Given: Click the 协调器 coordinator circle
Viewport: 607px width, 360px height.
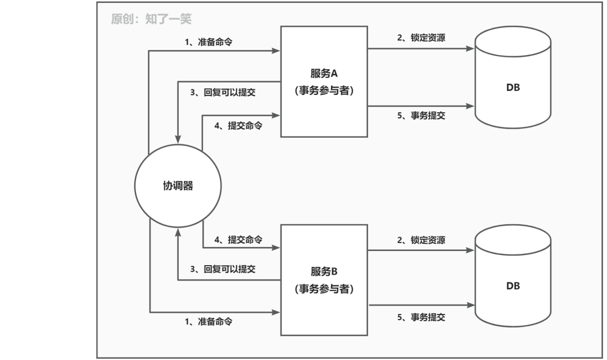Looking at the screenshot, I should tap(178, 185).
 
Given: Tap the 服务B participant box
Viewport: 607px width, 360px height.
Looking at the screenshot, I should tap(324, 279).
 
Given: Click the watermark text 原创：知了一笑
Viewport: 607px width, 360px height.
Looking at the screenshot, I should tap(151, 20).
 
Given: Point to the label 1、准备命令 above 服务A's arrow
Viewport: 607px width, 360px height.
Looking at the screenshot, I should tap(209, 42).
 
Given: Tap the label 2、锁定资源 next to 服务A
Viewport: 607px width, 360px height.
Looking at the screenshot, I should tap(421, 38).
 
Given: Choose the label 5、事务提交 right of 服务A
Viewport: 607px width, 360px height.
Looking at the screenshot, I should tap(421, 116).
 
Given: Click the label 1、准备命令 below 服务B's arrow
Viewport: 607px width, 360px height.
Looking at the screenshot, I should tap(209, 322).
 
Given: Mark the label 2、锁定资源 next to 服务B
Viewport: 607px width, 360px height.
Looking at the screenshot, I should tap(421, 240).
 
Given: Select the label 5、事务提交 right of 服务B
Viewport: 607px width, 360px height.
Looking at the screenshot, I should tap(421, 317).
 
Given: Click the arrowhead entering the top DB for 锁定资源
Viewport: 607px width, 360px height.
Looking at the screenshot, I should tap(471, 49).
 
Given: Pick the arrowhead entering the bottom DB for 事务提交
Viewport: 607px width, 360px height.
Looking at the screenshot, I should tap(471, 306).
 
